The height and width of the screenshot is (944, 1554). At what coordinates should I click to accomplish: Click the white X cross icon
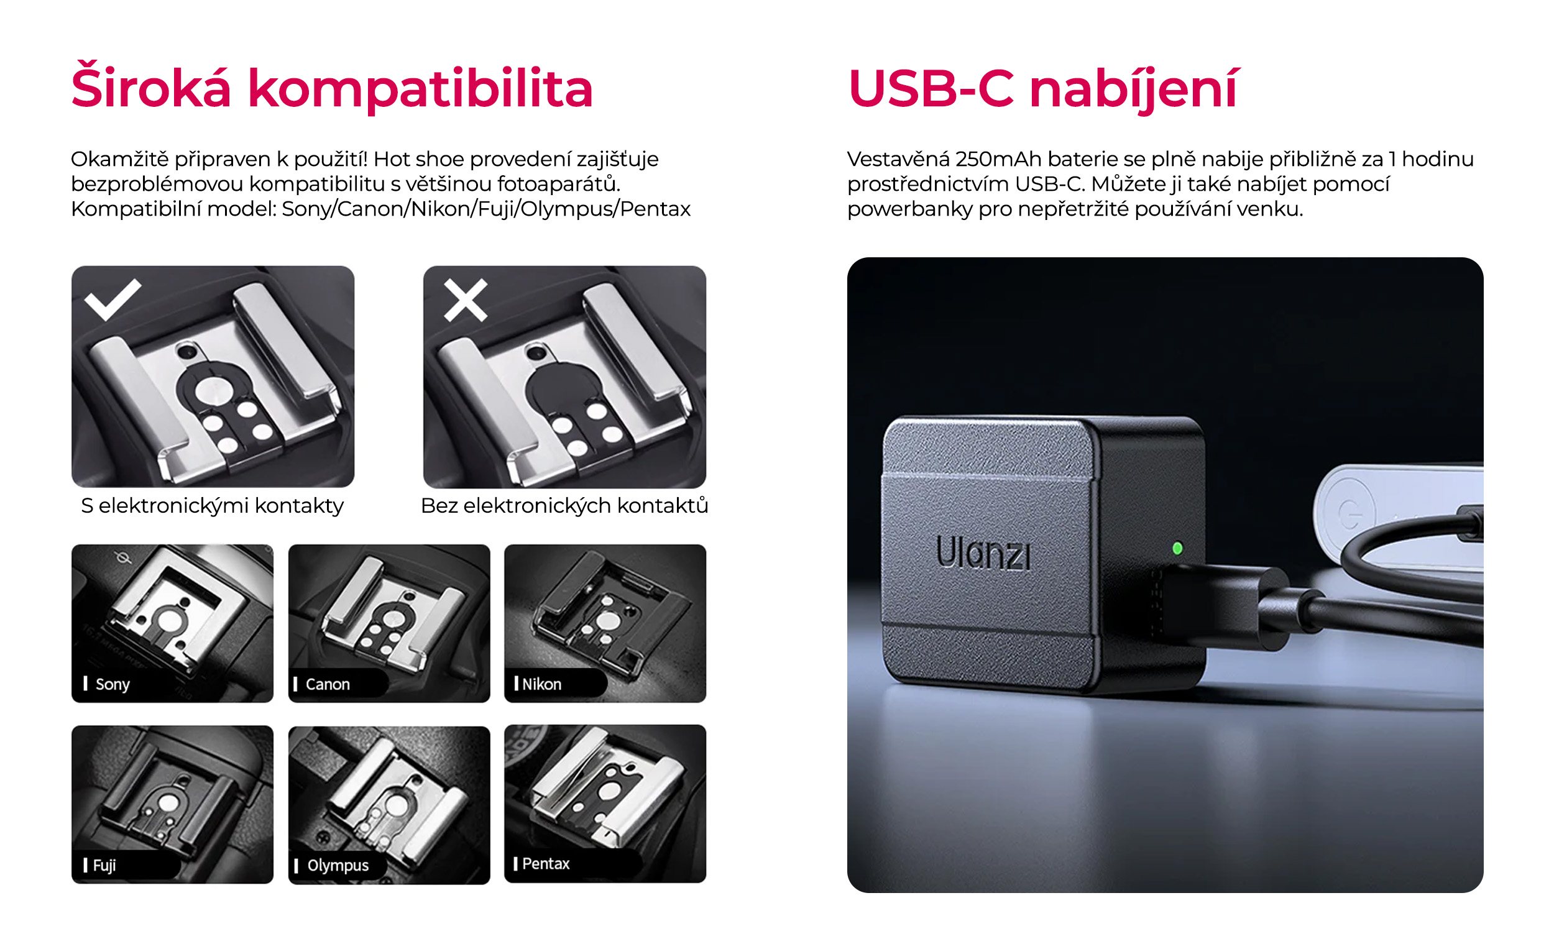[466, 300]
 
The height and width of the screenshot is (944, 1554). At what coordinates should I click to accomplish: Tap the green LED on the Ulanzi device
[1177, 548]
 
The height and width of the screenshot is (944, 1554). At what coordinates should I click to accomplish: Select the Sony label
[112, 684]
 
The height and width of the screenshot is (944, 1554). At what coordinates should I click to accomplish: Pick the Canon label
[327, 684]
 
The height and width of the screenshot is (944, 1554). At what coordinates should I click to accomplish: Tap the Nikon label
[541, 684]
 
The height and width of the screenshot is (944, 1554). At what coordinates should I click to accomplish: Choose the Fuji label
[104, 865]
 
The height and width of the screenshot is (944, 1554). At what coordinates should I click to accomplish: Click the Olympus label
[338, 865]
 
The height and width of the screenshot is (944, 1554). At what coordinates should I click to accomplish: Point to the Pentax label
[545, 863]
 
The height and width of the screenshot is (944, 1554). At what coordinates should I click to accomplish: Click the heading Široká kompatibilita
[332, 88]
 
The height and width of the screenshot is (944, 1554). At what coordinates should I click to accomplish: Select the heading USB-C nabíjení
[1042, 88]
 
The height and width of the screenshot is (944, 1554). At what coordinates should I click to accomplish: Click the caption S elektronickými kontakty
[212, 506]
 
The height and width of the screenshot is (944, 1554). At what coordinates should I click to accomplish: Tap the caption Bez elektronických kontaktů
[564, 506]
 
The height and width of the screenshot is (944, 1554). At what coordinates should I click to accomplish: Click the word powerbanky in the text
[909, 209]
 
